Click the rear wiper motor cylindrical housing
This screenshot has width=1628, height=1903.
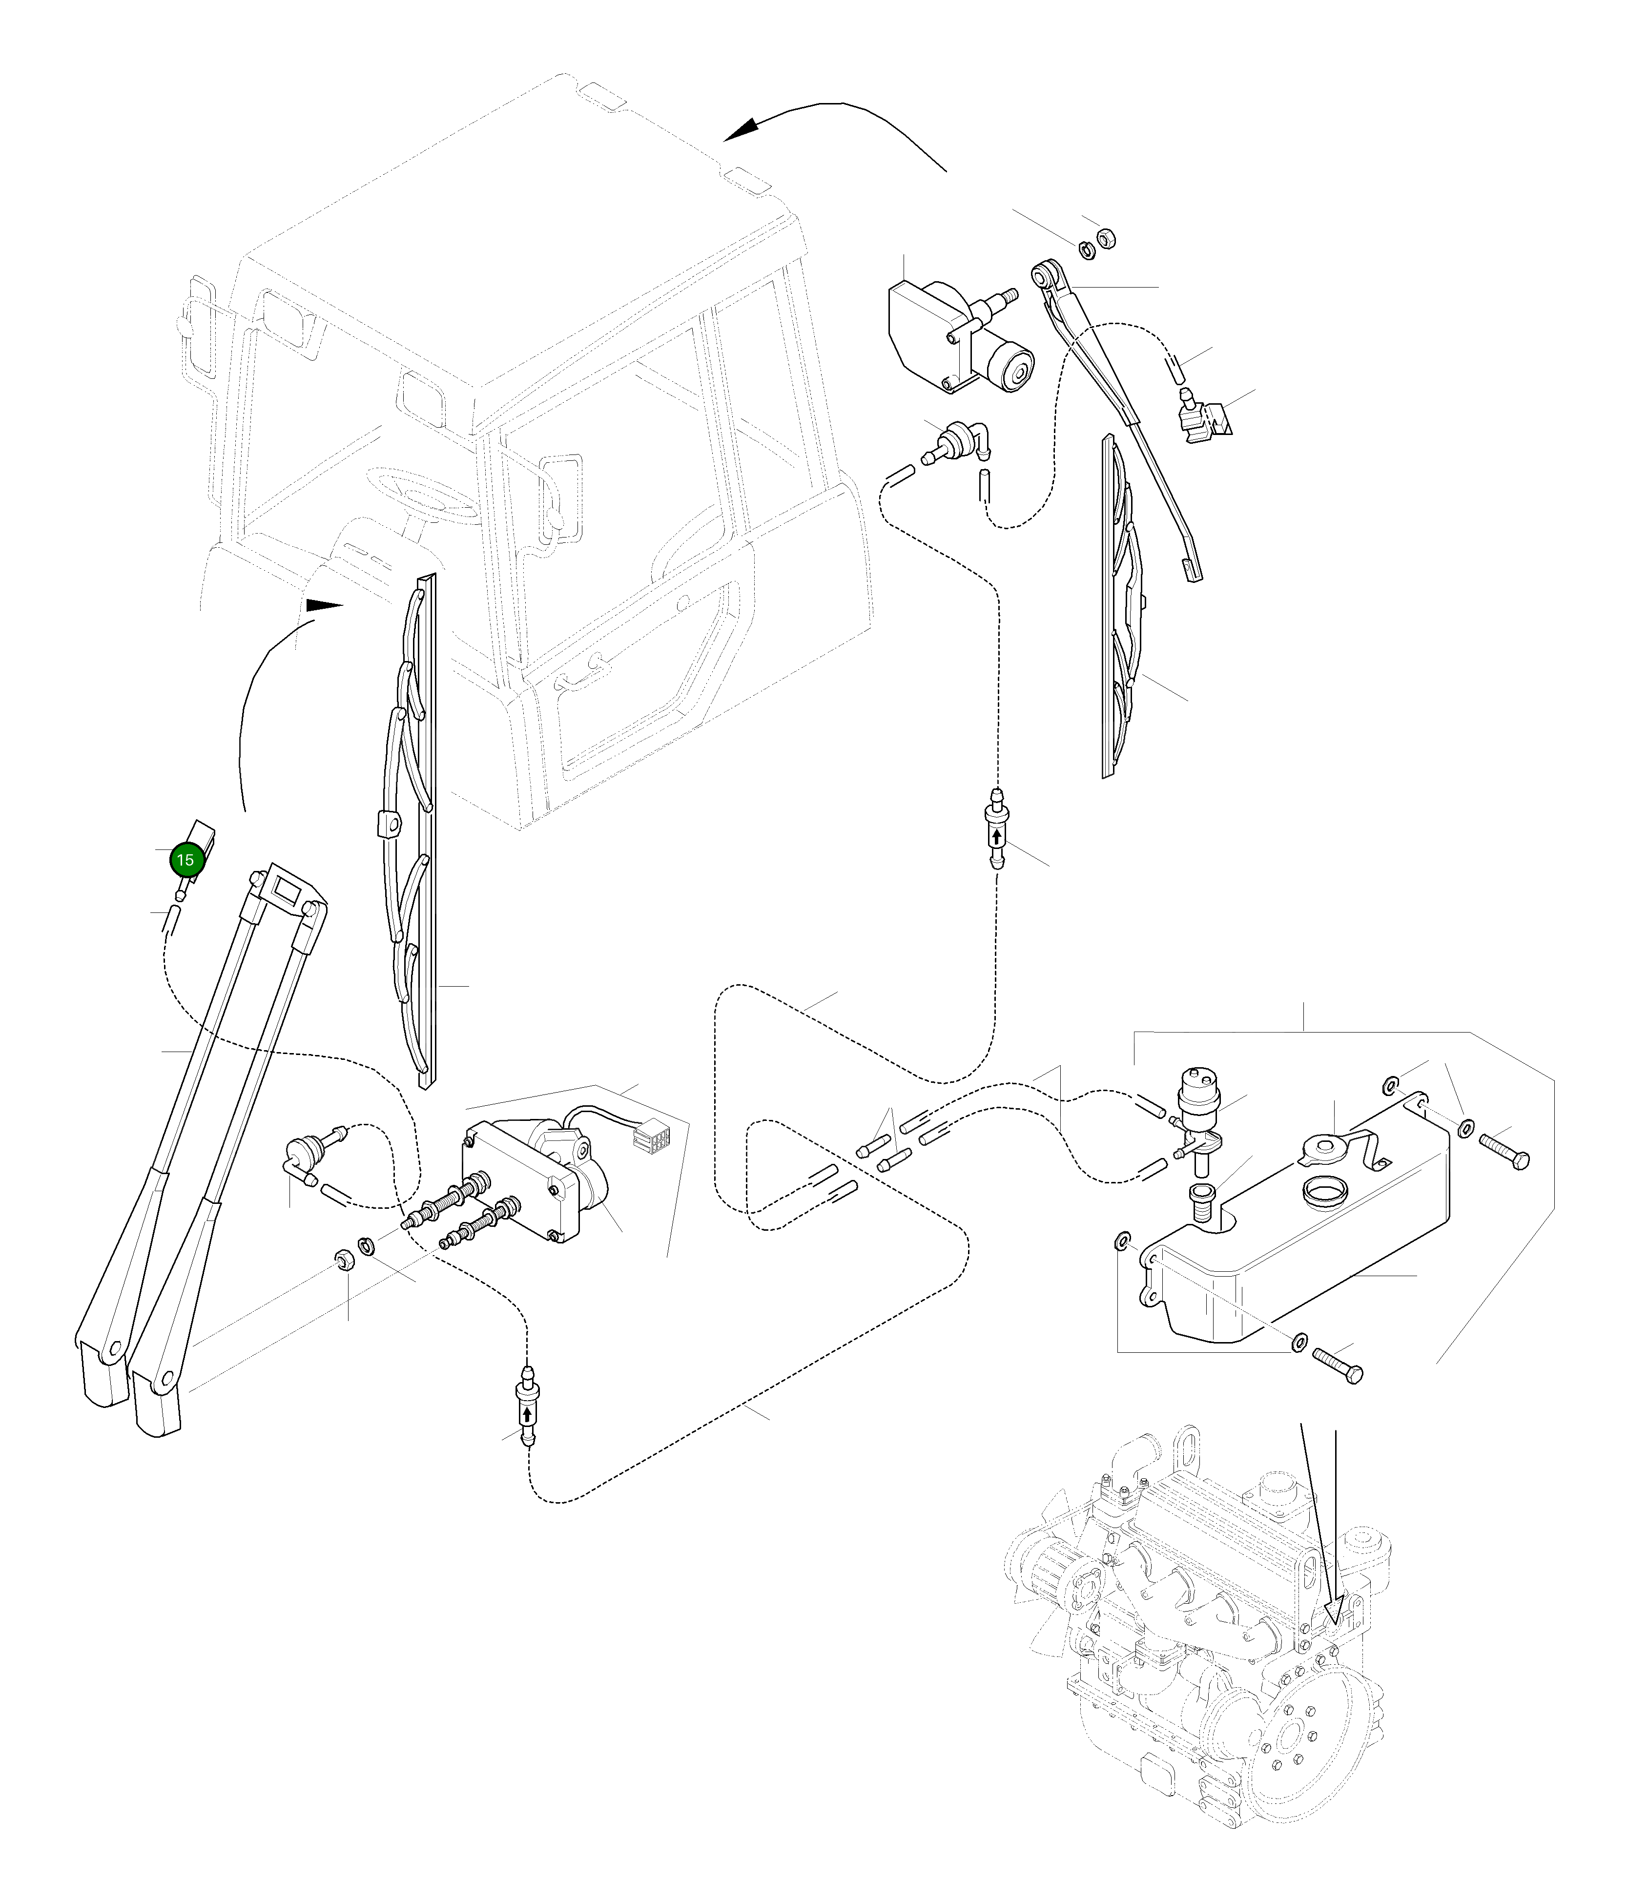pyautogui.click(x=1014, y=368)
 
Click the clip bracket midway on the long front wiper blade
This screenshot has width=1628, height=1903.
pyautogui.click(x=389, y=825)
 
